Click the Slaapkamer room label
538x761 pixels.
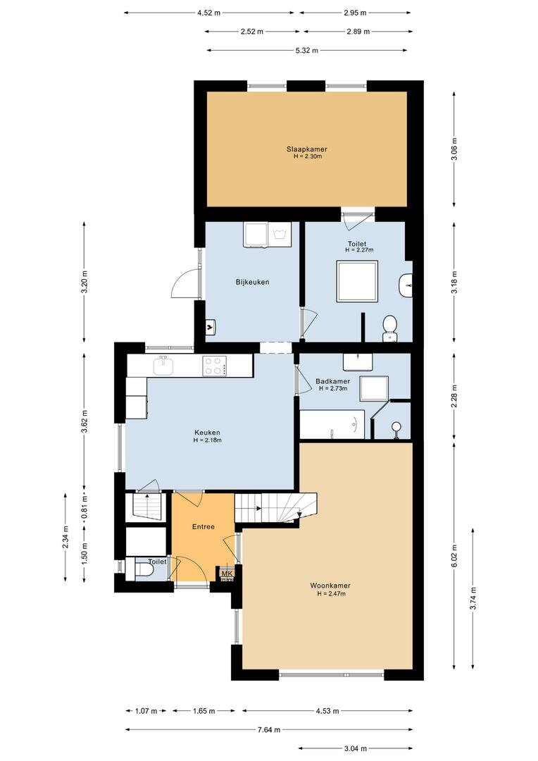pyautogui.click(x=306, y=149)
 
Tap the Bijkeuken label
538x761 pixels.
pyautogui.click(x=252, y=282)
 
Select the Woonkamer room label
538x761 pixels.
pyautogui.click(x=330, y=586)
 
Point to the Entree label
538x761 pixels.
pyautogui.click(x=204, y=526)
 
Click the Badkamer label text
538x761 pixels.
pyautogui.click(x=333, y=381)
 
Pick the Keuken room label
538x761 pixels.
pyautogui.click(x=207, y=433)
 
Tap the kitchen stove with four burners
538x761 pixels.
pyautogui.click(x=214, y=366)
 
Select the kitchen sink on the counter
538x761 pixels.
pyautogui.click(x=163, y=365)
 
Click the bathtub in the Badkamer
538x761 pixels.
pyautogui.click(x=332, y=425)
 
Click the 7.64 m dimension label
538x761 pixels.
pyautogui.click(x=269, y=729)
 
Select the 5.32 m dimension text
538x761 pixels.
pyautogui.click(x=306, y=50)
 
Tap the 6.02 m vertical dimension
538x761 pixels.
pyautogui.click(x=454, y=555)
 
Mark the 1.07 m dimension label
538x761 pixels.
pyautogui.click(x=146, y=711)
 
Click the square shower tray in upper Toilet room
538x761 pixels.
pyautogui.click(x=358, y=281)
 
